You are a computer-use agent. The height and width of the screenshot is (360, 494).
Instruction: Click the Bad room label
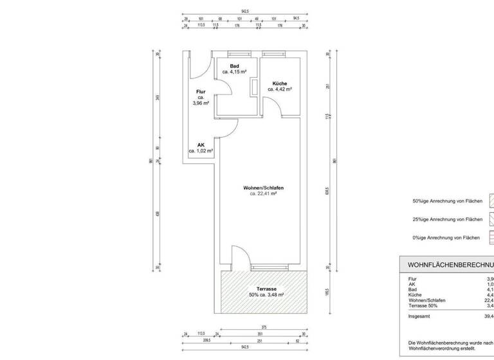(x=235, y=66)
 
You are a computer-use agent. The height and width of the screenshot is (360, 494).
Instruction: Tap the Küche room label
(x=279, y=84)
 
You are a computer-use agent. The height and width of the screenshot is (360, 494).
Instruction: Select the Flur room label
(x=200, y=92)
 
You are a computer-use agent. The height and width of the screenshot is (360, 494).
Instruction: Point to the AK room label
(x=200, y=145)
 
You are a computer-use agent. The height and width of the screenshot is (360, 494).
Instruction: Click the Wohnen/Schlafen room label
(x=263, y=188)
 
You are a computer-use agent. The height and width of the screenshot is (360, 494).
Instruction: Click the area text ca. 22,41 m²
(x=263, y=194)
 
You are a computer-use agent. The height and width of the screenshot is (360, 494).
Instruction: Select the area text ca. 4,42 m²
(x=280, y=90)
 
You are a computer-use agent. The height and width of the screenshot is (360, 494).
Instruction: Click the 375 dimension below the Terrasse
(x=264, y=327)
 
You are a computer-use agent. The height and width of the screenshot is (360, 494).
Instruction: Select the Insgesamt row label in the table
(x=420, y=316)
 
